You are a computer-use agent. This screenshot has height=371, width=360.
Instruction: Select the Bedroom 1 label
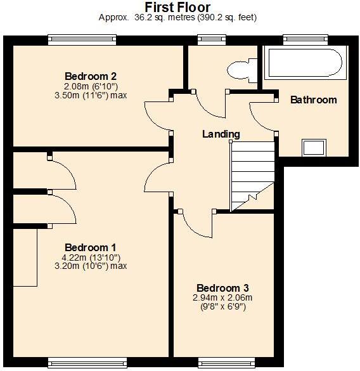click(x=90, y=247)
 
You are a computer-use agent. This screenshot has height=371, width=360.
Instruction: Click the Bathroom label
click(x=313, y=100)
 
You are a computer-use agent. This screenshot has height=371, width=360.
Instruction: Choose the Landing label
click(x=221, y=134)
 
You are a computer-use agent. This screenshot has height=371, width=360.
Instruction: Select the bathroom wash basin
click(x=312, y=147)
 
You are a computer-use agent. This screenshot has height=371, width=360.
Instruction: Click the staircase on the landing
click(x=252, y=175)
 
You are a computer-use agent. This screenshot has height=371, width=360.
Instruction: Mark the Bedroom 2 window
click(x=82, y=39)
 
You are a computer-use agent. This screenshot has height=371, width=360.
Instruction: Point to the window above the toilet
click(x=207, y=39)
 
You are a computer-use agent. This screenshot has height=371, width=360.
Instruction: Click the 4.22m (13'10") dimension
click(x=91, y=257)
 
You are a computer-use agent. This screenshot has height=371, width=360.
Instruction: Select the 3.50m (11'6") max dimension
click(x=91, y=95)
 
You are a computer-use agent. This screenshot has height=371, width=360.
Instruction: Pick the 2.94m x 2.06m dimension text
click(x=222, y=297)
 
